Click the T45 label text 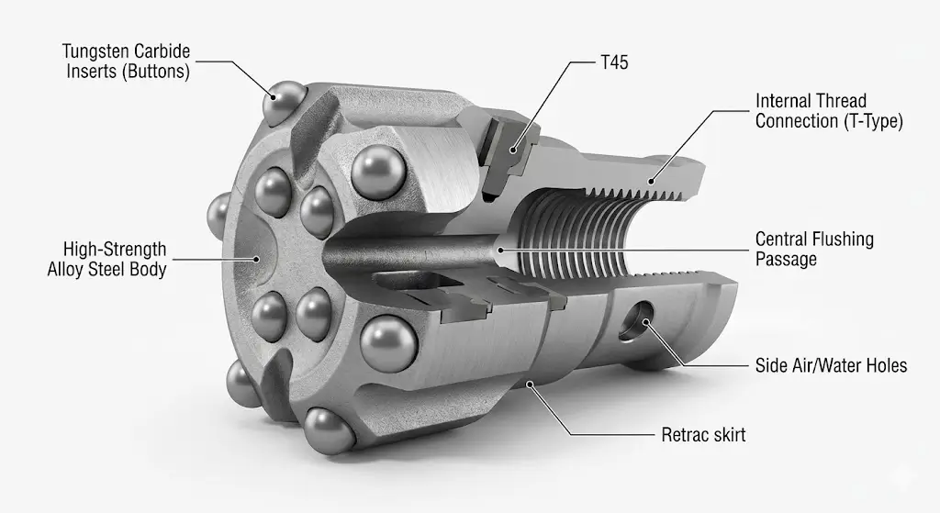click(x=611, y=64)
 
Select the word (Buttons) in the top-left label click(x=157, y=71)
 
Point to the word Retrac click(x=684, y=435)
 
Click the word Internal click(x=783, y=100)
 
